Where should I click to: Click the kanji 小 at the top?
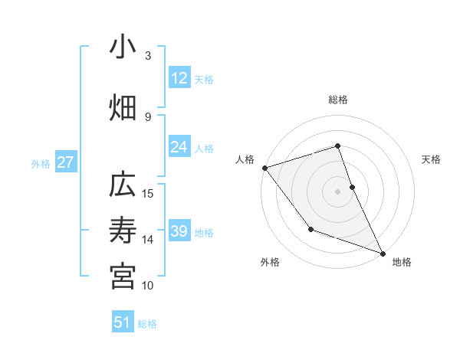pos(123,47)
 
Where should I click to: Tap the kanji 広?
pos(123,187)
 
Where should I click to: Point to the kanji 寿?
pos(123,231)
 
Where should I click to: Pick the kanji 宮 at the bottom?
pos(123,276)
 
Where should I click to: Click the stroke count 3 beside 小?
pos(148,56)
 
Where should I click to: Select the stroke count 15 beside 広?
pos(149,193)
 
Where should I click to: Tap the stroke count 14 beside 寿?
pos(149,240)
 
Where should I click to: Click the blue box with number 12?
pos(179,78)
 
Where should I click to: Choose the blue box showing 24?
pos(179,147)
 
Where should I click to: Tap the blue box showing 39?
pos(179,231)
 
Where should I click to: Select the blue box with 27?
pos(66,162)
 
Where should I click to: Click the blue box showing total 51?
pos(123,322)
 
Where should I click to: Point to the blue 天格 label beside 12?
pos(204,80)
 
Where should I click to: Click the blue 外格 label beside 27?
pos(41,163)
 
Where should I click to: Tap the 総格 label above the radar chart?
pos(337,100)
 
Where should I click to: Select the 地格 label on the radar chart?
pos(402,262)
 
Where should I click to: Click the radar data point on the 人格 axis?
pos(264,167)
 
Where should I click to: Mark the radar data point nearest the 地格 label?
pos(382,253)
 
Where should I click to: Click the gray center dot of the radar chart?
pos(337,191)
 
